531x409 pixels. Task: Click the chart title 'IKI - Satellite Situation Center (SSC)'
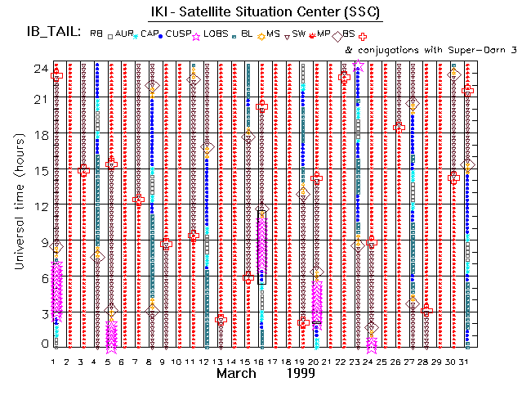275,12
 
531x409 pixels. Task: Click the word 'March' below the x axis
241,373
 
